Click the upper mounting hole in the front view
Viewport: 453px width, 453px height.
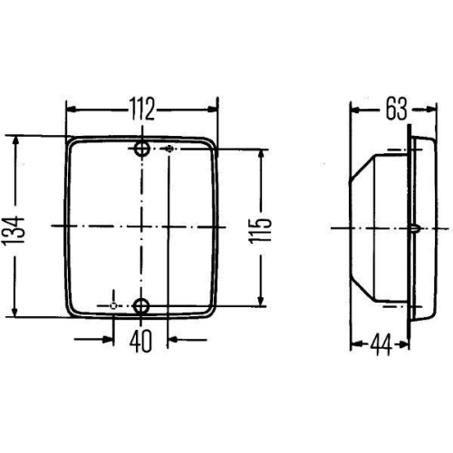pyautogui.click(x=141, y=149)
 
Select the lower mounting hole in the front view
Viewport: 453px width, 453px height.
pyautogui.click(x=141, y=306)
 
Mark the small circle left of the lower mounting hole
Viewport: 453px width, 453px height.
pyautogui.click(x=112, y=306)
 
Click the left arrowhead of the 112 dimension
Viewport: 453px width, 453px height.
pyautogui.click(x=71, y=110)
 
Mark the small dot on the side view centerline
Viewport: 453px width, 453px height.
pyautogui.click(x=413, y=226)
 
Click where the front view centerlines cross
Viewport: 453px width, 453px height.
pyautogui.click(x=141, y=223)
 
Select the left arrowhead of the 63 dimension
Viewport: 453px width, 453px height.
pyautogui.click(x=355, y=111)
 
